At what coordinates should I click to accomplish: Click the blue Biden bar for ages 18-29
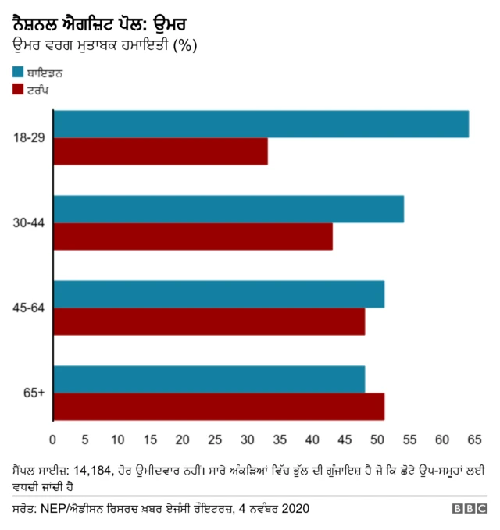click(x=262, y=124)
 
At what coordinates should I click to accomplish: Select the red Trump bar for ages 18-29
click(x=161, y=151)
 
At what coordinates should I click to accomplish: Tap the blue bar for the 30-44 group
click(x=229, y=209)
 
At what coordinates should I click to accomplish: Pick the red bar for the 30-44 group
click(x=193, y=237)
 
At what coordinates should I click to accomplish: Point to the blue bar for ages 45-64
click(x=220, y=294)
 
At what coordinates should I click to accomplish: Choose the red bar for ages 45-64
click(x=209, y=322)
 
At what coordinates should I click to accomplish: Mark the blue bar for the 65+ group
click(x=209, y=379)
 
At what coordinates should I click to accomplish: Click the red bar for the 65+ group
click(x=220, y=407)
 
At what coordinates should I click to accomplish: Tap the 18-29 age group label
click(x=29, y=138)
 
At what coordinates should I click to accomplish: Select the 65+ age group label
click(x=34, y=393)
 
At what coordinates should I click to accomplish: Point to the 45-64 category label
click(x=29, y=308)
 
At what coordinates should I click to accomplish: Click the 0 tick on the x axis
click(x=52, y=439)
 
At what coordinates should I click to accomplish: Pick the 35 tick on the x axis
click(x=280, y=439)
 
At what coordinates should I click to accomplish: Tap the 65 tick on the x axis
click(x=474, y=439)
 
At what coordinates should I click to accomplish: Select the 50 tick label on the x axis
click(x=377, y=439)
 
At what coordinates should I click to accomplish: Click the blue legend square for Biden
click(x=18, y=72)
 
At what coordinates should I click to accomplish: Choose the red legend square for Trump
click(x=18, y=89)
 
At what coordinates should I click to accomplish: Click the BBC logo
click(x=470, y=509)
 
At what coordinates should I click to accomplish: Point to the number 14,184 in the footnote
click(x=92, y=471)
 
